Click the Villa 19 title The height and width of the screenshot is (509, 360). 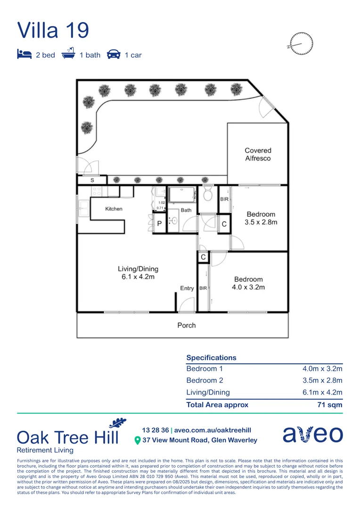(53, 30)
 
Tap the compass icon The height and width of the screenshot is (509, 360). (302, 43)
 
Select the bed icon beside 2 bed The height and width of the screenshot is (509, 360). (24, 54)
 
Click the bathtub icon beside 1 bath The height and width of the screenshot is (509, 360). (69, 54)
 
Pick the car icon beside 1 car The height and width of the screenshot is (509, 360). (114, 54)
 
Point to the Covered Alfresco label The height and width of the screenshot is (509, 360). (258, 155)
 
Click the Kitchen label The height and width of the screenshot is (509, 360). (114, 209)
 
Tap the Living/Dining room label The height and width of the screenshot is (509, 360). (138, 273)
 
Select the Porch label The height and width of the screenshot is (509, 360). (187, 325)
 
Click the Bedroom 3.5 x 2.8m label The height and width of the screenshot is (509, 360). (261, 218)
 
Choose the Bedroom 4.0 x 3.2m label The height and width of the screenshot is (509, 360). (249, 283)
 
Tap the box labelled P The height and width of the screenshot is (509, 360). (159, 224)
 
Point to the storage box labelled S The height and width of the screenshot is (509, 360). (92, 180)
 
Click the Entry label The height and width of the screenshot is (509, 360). (187, 288)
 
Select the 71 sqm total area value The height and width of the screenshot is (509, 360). (330, 404)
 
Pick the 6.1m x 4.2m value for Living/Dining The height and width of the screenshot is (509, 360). (322, 392)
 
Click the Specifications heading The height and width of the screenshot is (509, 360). (211, 358)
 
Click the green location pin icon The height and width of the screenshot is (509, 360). (138, 441)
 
